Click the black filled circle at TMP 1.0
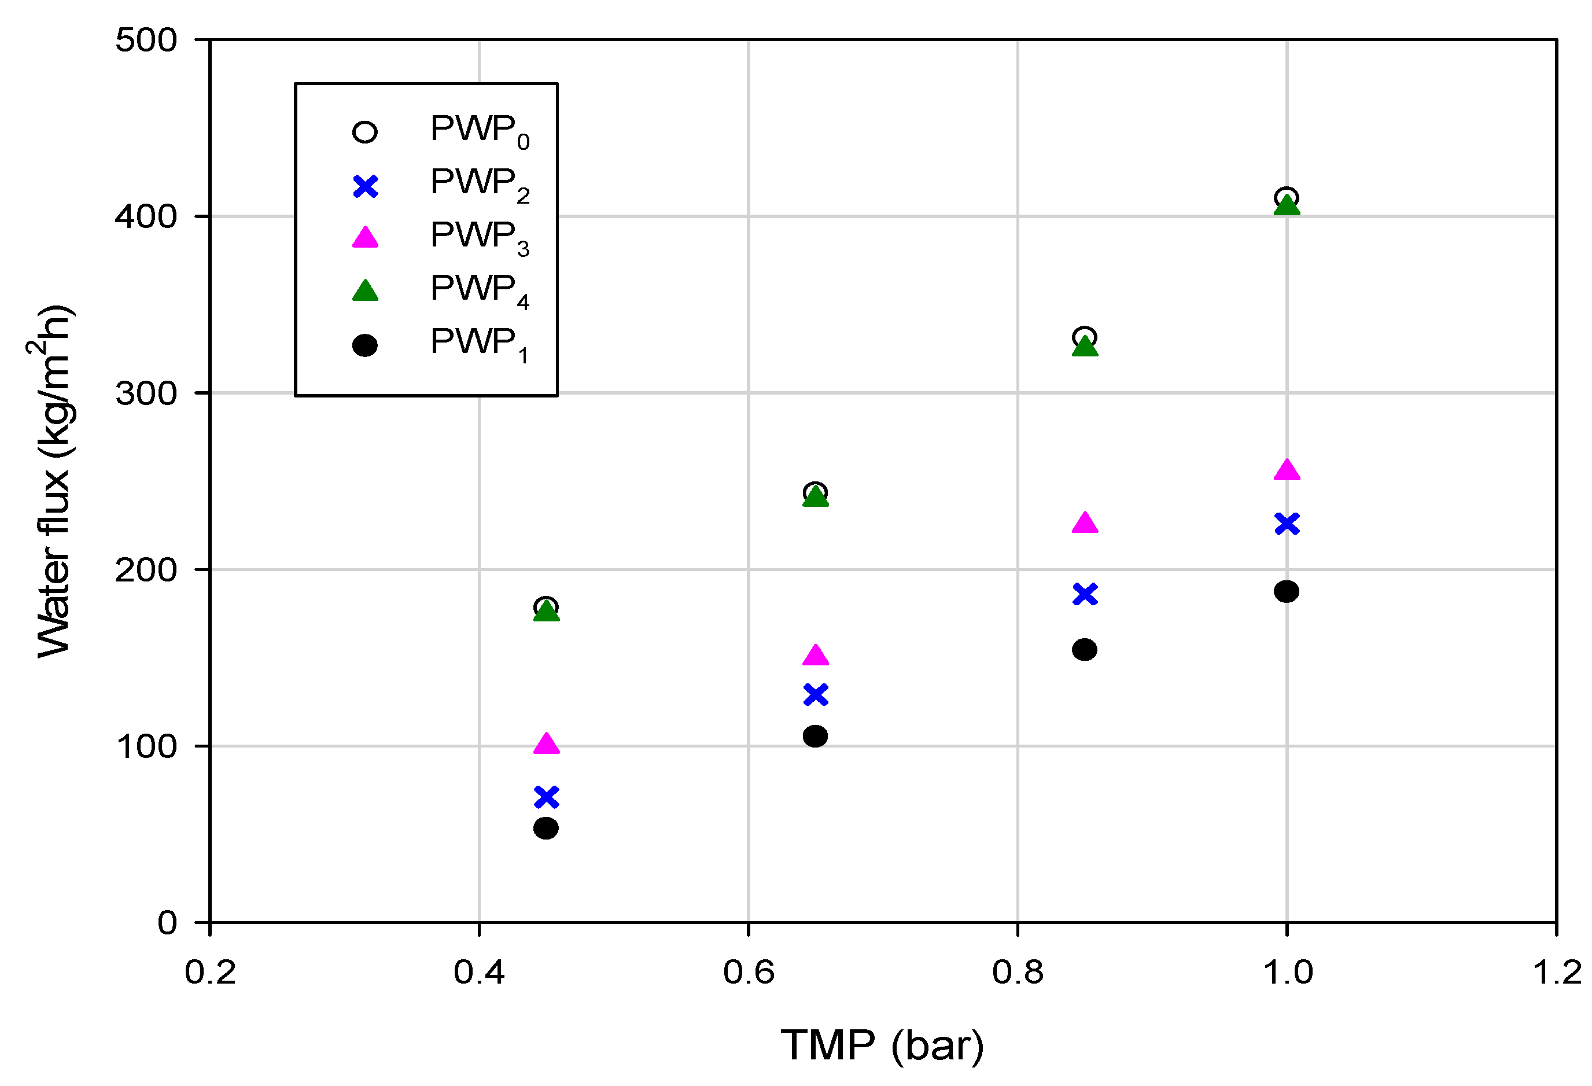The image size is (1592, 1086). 1287,591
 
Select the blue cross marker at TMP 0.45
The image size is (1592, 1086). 546,797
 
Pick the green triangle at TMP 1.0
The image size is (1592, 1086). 1287,205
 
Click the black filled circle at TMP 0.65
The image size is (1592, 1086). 815,736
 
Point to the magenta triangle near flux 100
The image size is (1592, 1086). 546,743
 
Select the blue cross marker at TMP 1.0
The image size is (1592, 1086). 1287,524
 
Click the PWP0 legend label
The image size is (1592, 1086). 480,131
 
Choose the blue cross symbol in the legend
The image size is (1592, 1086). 365,186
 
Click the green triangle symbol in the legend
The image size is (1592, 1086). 365,291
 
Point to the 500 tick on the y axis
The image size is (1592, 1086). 146,40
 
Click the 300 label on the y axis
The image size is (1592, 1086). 146,393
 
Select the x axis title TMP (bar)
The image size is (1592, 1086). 882,1045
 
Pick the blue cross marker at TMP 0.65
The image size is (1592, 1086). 815,694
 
